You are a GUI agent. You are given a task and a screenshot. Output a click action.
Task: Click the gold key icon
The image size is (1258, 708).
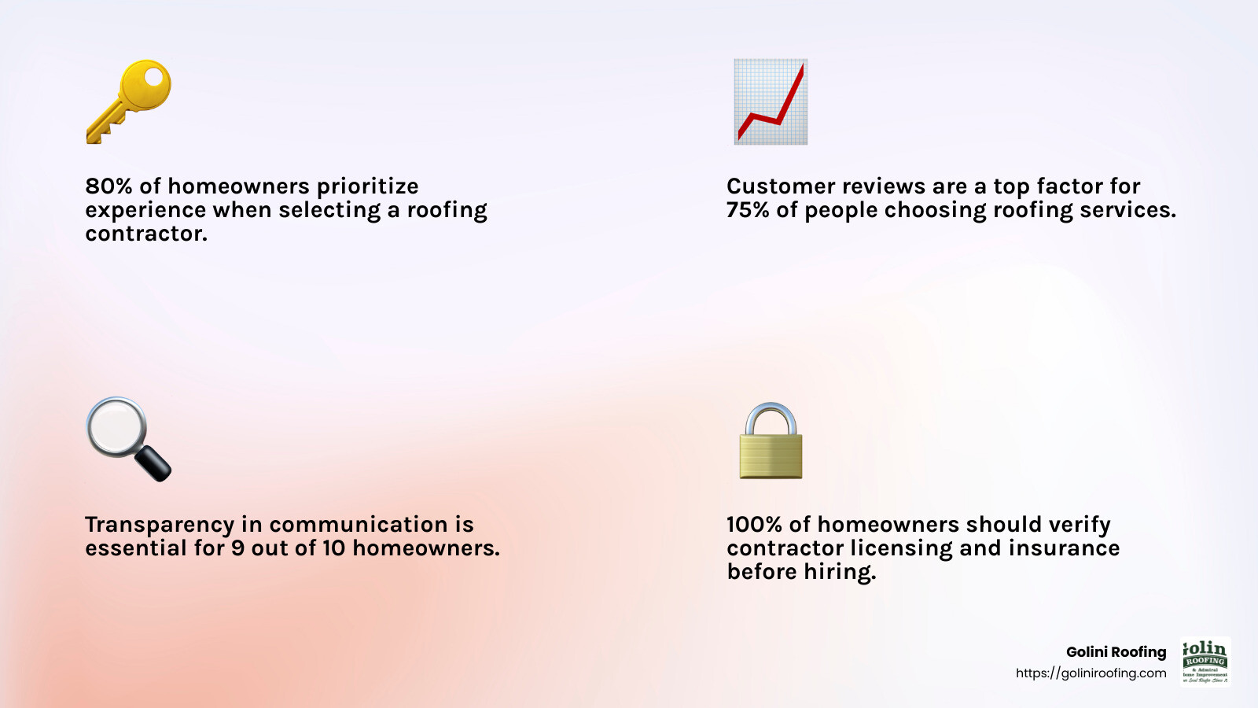(129, 101)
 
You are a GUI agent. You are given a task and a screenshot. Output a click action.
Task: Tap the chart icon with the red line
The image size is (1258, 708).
(771, 101)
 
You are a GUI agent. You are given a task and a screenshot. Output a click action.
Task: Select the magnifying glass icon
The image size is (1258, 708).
(127, 438)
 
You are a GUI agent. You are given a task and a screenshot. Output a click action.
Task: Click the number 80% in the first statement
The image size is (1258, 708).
(109, 186)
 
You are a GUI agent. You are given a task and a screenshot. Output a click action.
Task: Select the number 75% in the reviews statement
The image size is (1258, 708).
(748, 210)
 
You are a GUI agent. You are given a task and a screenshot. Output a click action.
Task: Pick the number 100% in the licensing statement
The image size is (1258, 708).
(754, 525)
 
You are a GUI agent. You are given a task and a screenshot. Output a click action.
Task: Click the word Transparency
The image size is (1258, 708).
(160, 525)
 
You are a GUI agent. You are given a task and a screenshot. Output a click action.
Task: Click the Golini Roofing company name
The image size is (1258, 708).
(1116, 652)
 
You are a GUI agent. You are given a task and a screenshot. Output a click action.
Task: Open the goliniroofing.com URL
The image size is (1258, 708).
(1091, 673)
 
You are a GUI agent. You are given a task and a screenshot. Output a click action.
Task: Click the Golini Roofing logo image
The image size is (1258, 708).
(1205, 662)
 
